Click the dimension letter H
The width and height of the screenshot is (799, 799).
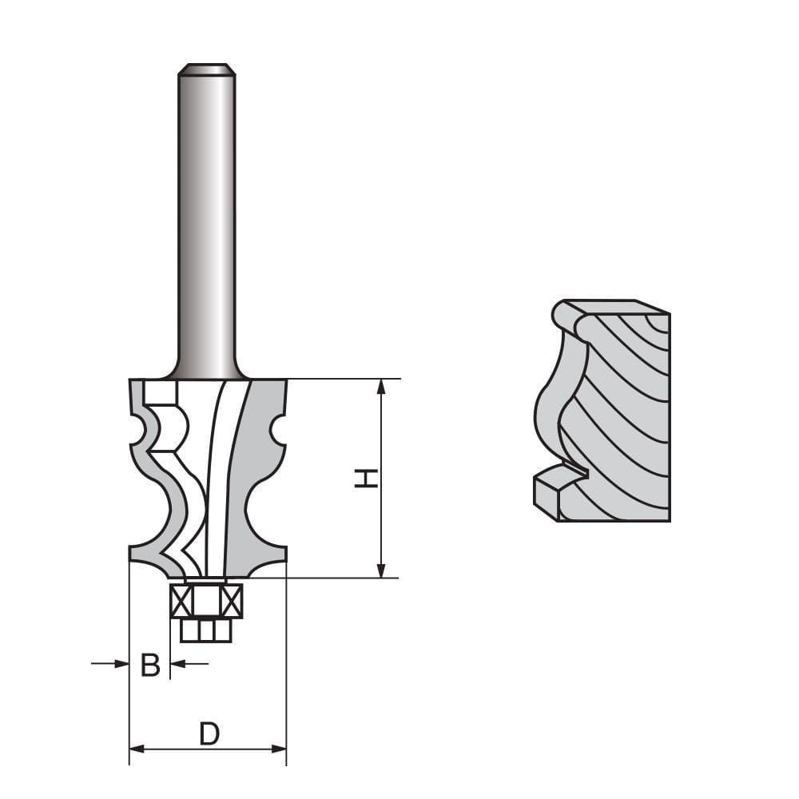coord(367,478)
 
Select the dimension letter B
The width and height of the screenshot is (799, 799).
coord(150,664)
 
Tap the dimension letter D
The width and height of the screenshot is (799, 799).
coord(209,733)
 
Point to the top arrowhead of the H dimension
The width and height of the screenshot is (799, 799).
coord(381,386)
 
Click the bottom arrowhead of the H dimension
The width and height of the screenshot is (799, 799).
coord(381,570)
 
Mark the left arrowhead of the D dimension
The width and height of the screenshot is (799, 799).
coord(137,749)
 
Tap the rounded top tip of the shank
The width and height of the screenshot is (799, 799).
coord(206,70)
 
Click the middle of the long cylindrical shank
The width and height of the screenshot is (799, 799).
coord(206,224)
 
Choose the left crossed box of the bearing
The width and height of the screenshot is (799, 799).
coord(181,601)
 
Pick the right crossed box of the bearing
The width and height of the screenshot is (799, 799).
coord(231,601)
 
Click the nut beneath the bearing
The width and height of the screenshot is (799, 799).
coord(206,630)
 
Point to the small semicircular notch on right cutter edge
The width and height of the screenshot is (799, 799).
coord(276,431)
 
